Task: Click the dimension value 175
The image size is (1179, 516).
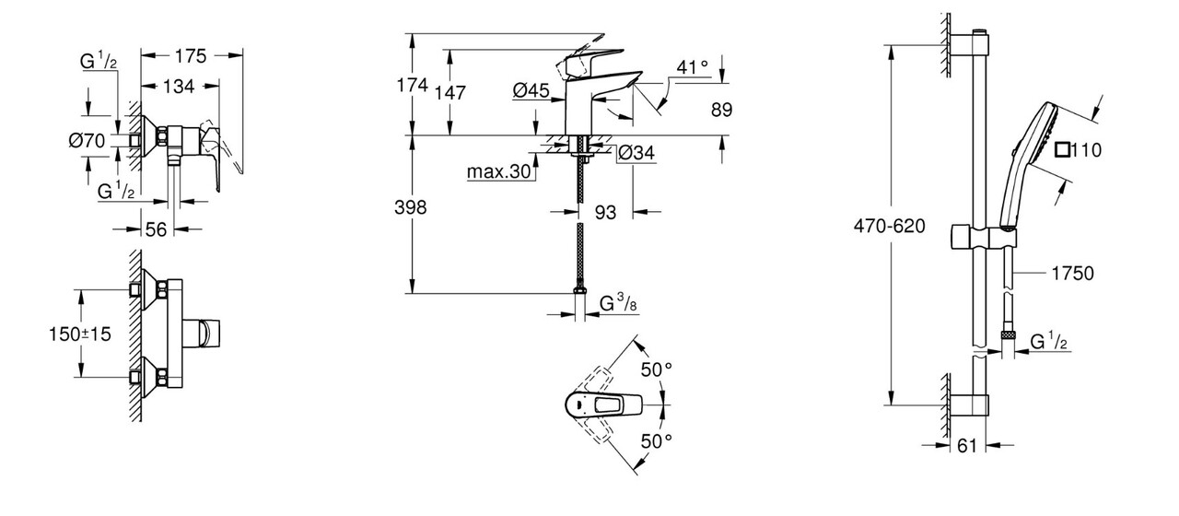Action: [190, 55]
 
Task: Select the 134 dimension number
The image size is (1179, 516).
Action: [179, 87]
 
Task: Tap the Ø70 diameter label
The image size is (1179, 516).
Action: [87, 141]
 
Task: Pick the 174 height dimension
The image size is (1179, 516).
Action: [413, 86]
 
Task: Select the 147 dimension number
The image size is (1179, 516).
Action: [451, 92]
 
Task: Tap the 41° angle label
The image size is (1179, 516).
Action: [693, 66]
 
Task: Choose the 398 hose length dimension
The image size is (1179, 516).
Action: [411, 208]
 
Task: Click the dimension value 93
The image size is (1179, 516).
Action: [605, 213]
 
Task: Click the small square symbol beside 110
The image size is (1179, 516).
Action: [1064, 149]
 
